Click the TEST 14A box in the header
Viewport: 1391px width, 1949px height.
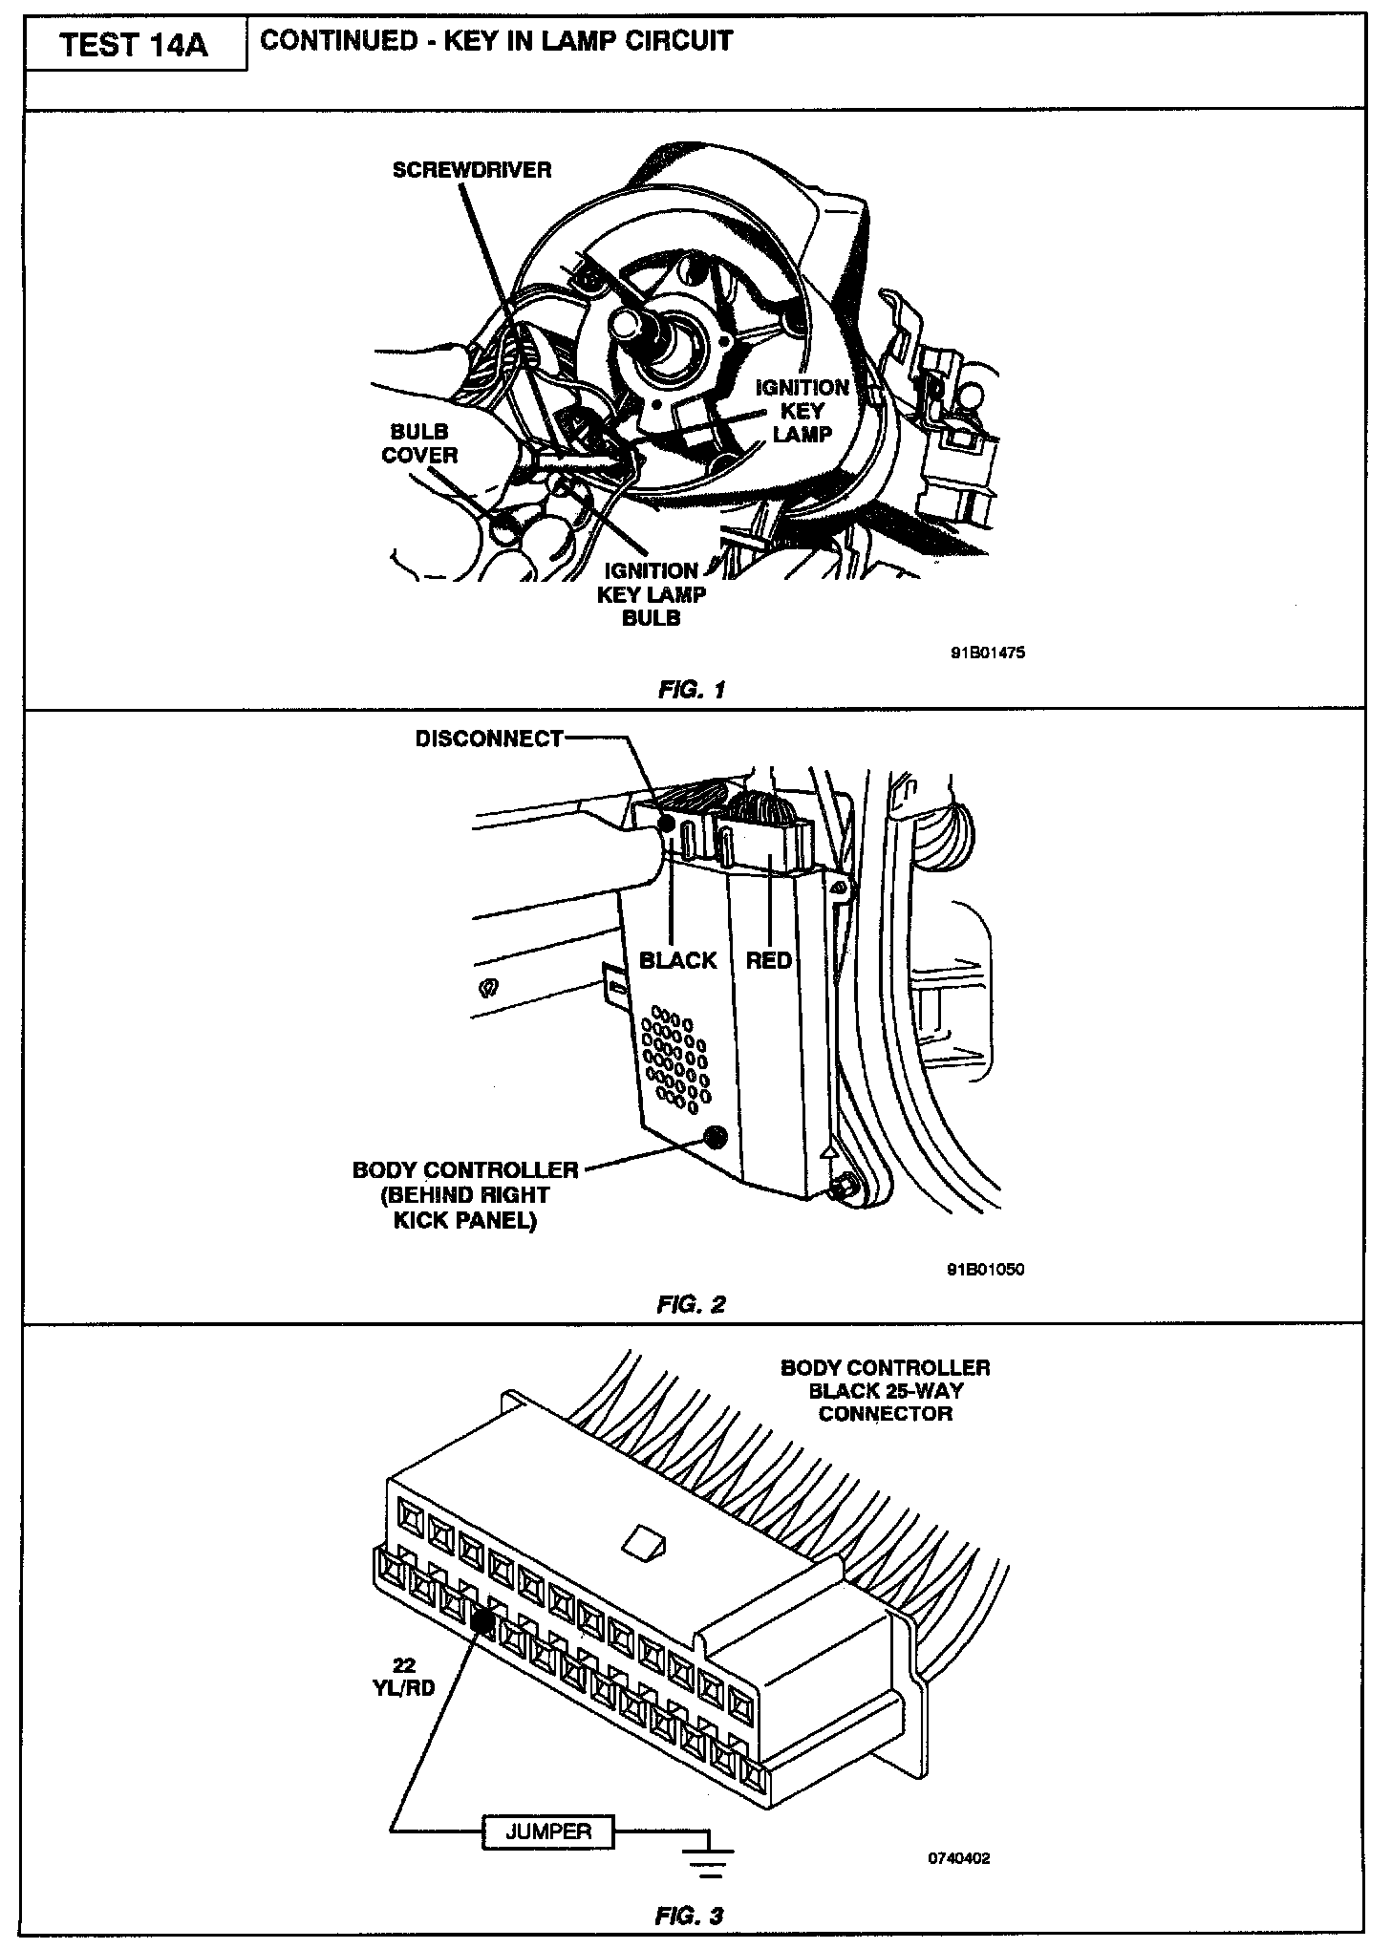point(135,46)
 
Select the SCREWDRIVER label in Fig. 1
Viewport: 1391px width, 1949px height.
point(472,170)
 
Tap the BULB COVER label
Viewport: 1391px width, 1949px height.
point(419,443)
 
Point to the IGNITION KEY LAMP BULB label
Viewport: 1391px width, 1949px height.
point(652,594)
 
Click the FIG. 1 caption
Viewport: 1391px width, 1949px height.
point(692,689)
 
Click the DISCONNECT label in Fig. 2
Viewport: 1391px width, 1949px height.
point(489,739)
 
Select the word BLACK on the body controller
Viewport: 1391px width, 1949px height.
point(678,960)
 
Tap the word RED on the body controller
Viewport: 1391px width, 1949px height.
point(769,960)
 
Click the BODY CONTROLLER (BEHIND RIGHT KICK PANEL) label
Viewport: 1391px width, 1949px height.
point(465,1195)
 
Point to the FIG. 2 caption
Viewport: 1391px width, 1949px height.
point(692,1304)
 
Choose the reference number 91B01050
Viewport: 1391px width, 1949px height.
point(986,1270)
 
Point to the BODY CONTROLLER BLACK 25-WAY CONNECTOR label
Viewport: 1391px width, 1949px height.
point(886,1390)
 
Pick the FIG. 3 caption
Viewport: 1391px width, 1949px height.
point(690,1916)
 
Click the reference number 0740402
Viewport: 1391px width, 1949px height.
point(959,1858)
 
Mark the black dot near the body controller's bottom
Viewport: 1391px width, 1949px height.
point(713,1137)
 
